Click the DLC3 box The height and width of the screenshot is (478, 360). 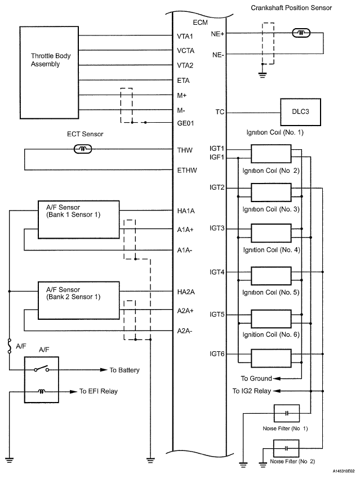click(300, 112)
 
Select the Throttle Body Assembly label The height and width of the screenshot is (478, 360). click(51, 60)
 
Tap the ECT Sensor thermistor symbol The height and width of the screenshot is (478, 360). click(83, 149)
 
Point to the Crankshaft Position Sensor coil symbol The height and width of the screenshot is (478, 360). click(301, 33)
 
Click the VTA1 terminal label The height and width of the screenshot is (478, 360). click(185, 37)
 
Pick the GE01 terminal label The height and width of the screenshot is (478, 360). click(185, 123)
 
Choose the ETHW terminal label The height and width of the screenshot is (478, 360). click(187, 171)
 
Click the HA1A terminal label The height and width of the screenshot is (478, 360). click(186, 211)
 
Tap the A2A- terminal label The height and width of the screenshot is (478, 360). click(185, 331)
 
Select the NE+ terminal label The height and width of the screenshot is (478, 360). click(217, 34)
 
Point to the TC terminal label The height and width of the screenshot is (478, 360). click(220, 112)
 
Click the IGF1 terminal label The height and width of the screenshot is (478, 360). click(217, 157)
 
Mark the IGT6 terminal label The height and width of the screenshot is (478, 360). click(217, 354)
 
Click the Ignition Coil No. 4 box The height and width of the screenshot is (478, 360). click(271, 276)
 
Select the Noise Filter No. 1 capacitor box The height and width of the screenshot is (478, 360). click(286, 413)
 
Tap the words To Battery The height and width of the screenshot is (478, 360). click(125, 370)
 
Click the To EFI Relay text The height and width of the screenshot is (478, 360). click(99, 391)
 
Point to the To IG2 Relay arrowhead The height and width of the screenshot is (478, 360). click(276, 391)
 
